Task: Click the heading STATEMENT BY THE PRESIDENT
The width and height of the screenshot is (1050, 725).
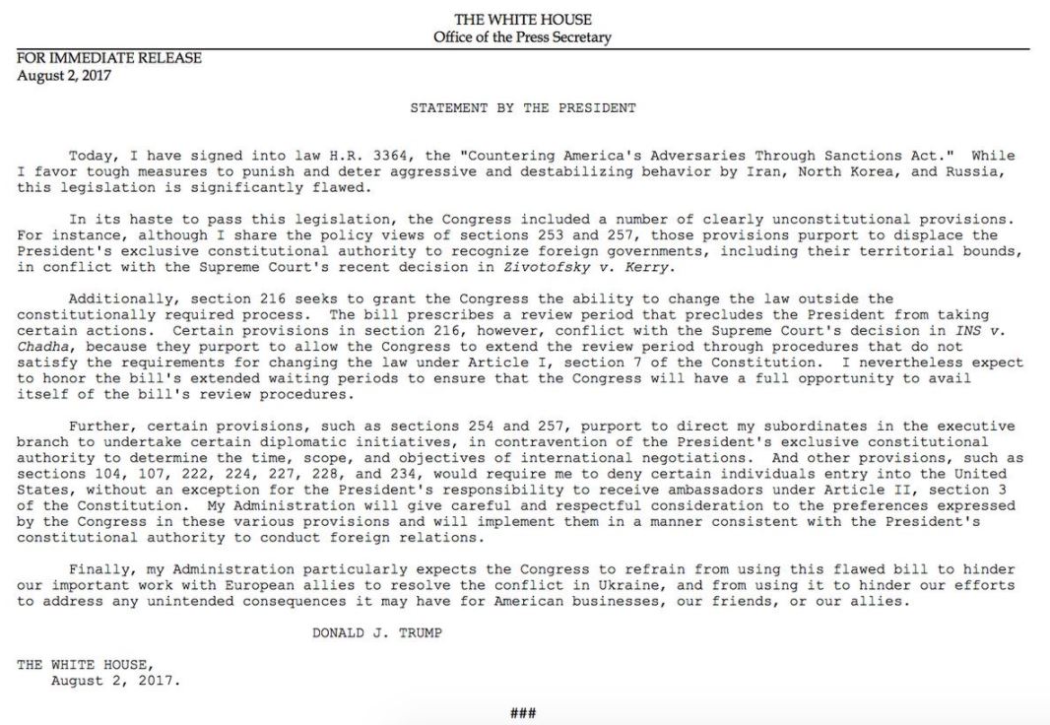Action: [x=522, y=107]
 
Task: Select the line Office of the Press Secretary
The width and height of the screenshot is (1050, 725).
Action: [x=522, y=37]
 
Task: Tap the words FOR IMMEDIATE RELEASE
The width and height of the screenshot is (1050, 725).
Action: [x=109, y=58]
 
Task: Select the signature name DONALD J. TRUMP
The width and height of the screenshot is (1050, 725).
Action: [x=377, y=632]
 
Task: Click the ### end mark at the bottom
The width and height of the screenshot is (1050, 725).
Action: [x=522, y=712]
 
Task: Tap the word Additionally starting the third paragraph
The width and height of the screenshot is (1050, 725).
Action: [x=113, y=298]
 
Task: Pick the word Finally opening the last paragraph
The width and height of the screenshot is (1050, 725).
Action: [x=100, y=569]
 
